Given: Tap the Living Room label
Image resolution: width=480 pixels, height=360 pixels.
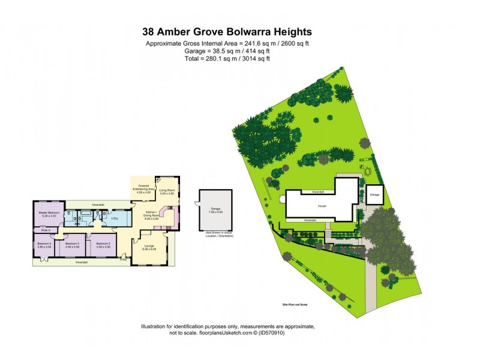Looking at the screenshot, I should (166, 192).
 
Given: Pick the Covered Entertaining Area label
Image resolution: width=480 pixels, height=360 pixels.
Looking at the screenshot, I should (143, 188).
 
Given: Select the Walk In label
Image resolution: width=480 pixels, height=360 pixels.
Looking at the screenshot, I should (45, 230).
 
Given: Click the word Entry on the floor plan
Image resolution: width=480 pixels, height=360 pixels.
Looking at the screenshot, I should (123, 259).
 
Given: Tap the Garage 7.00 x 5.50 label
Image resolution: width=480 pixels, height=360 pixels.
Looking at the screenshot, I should (215, 211).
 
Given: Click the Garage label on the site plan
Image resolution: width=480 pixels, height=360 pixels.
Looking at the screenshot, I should (376, 195).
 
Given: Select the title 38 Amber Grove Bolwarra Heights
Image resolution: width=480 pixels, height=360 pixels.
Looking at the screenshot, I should (227, 32).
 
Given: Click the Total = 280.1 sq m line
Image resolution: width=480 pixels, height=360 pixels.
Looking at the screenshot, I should (227, 59).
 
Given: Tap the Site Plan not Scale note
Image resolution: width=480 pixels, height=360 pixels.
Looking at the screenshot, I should (298, 305).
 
